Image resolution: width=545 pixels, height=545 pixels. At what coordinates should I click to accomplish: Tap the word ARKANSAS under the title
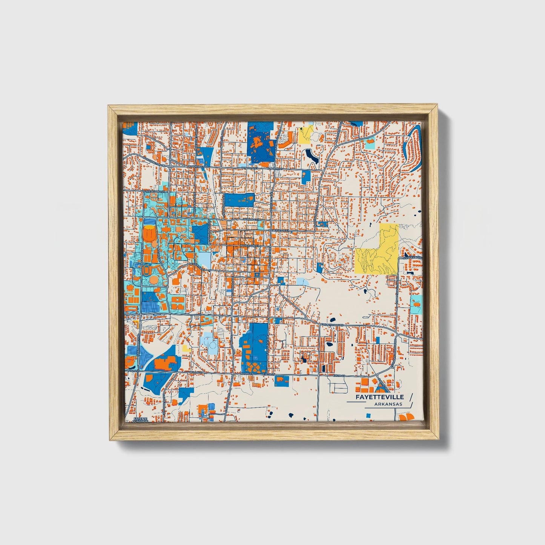(x=388, y=404)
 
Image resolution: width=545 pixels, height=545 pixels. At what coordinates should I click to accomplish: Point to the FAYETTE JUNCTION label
(x=140, y=420)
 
